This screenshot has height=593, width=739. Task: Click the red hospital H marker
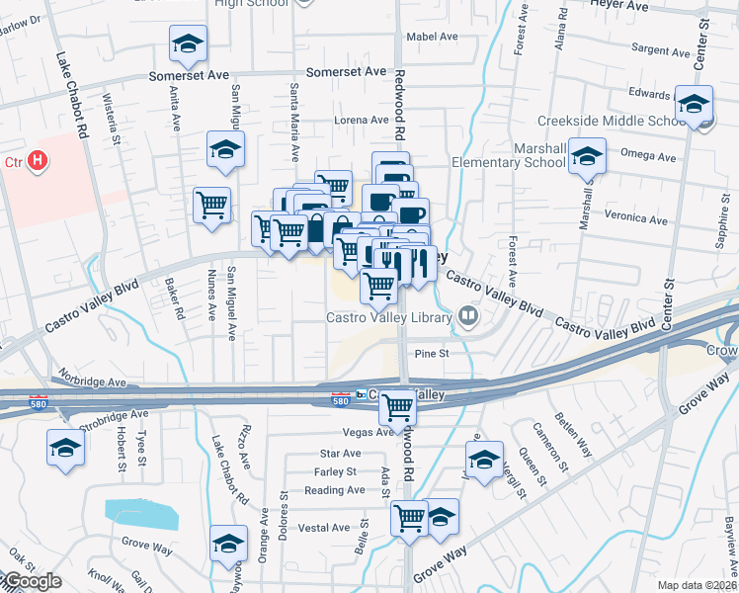pyautogui.click(x=38, y=159)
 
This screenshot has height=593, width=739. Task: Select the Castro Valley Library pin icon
pyautogui.click(x=468, y=317)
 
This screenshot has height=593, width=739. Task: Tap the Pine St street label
pyautogui.click(x=432, y=353)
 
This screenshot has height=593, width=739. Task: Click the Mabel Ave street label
pyautogui.click(x=434, y=37)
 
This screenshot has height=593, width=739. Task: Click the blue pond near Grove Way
pyautogui.click(x=141, y=513)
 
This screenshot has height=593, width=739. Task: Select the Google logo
pyautogui.click(x=32, y=582)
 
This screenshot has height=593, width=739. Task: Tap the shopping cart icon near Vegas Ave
pyautogui.click(x=397, y=406)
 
